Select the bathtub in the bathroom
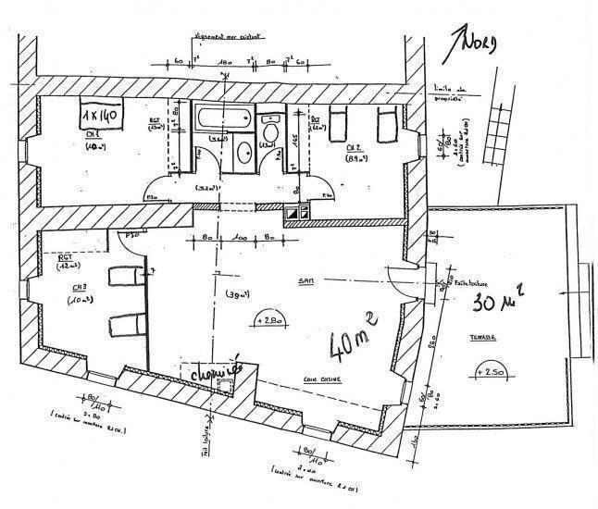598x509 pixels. [x=223, y=119]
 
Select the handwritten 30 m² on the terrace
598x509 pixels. [x=498, y=298]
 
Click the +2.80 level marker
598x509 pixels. [x=268, y=319]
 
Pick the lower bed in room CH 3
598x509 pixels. [x=124, y=326]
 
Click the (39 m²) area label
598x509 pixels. [x=236, y=293]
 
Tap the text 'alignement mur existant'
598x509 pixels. [x=226, y=40]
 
